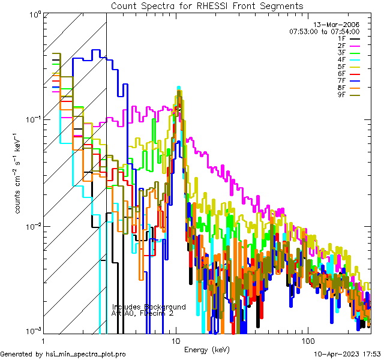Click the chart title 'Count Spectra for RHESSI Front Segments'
[x=207, y=6]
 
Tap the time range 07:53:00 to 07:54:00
[x=324, y=31]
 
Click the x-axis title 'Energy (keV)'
[x=207, y=350]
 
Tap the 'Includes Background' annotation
[x=149, y=307]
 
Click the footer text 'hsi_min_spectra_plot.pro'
[x=86, y=355]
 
